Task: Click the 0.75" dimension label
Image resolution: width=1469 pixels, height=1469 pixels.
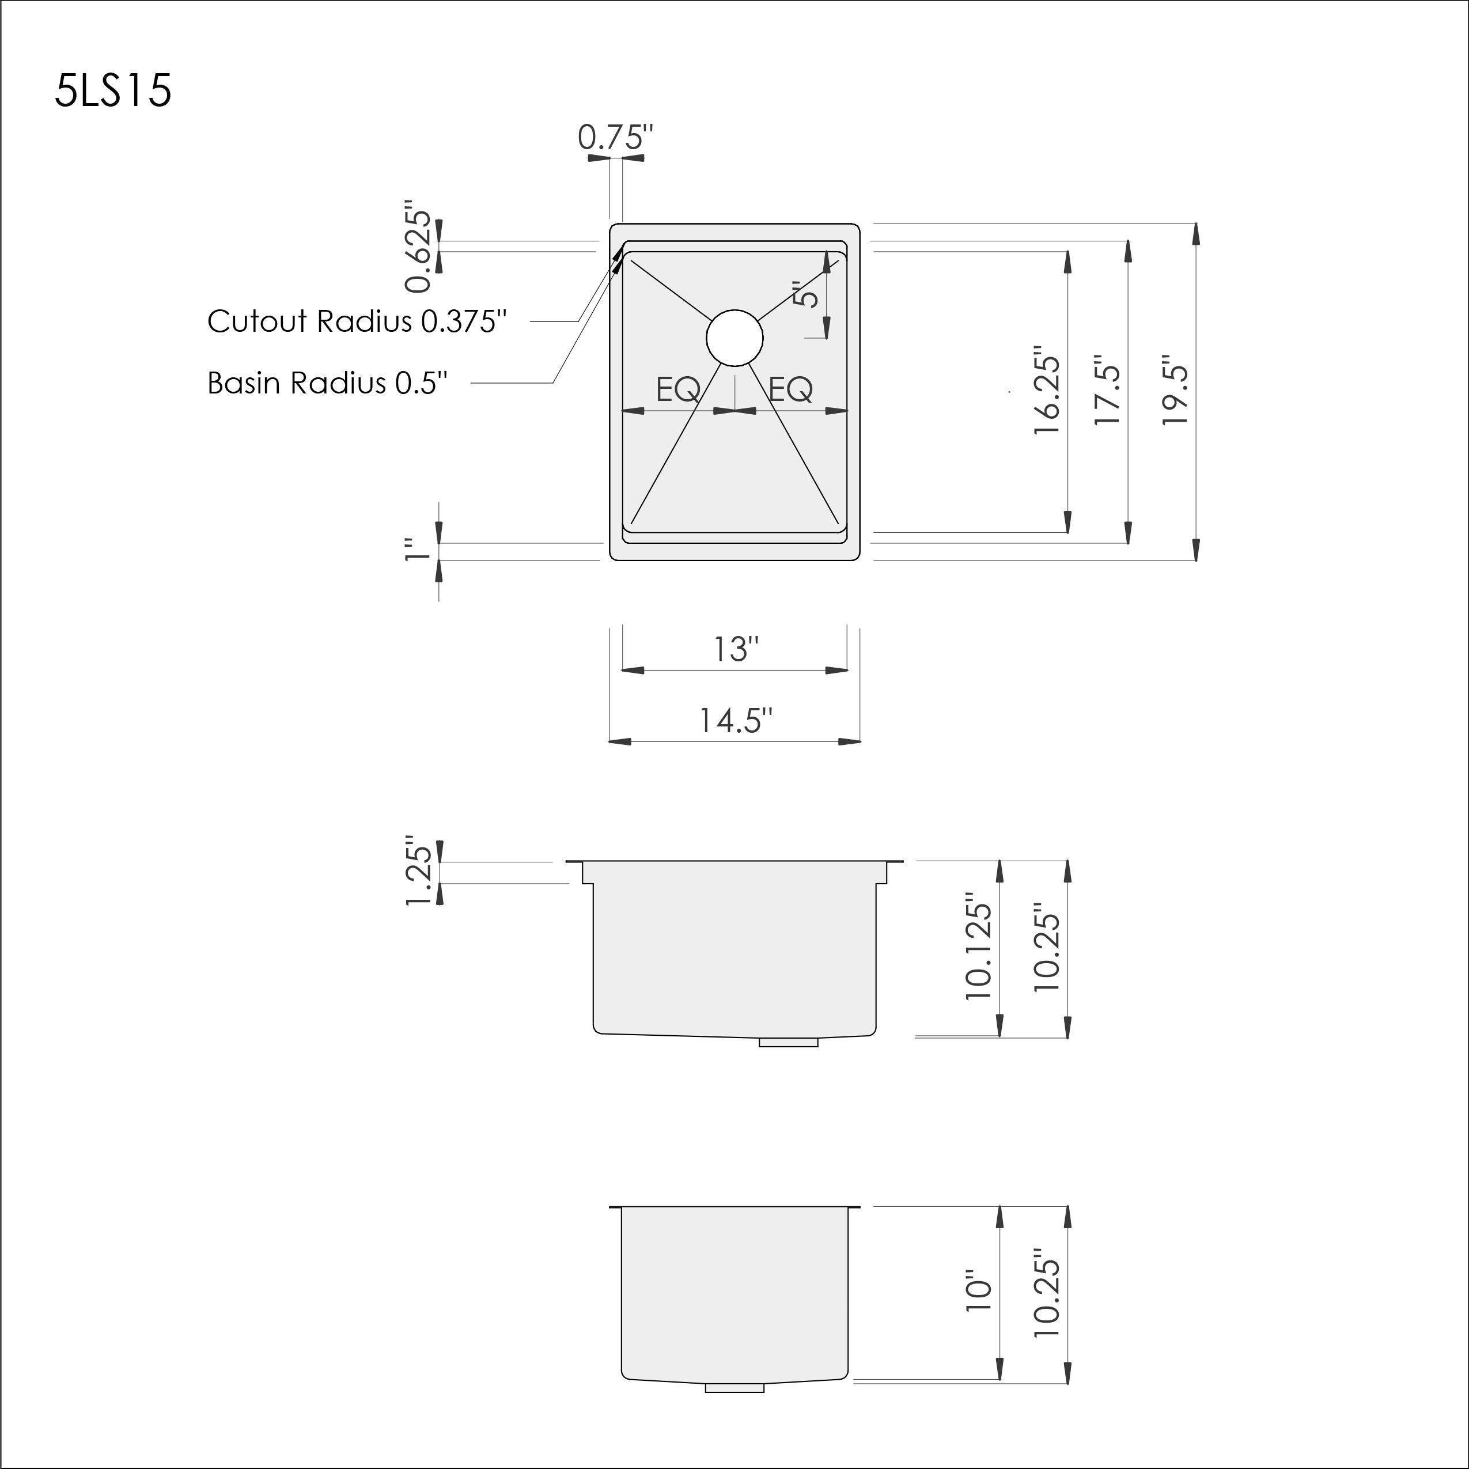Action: coord(615,138)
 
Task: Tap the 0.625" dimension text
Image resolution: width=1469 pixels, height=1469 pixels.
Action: coord(418,247)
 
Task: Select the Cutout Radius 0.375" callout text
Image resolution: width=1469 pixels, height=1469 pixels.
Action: coord(357,321)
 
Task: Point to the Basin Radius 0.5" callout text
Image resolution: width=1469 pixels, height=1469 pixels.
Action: coord(328,383)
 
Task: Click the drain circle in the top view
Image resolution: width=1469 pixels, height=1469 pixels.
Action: coord(734,338)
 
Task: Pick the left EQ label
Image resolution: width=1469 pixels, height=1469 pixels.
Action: coord(678,390)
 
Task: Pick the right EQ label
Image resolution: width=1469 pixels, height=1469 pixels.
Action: coord(791,390)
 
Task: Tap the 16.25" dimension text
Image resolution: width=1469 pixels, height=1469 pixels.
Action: coord(1046,392)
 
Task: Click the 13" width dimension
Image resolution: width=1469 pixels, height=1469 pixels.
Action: coord(735,649)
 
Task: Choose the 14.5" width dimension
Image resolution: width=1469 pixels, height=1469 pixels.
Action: coord(735,720)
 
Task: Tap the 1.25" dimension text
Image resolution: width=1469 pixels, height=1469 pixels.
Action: coord(418,872)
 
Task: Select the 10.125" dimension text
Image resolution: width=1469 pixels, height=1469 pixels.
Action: coord(979,951)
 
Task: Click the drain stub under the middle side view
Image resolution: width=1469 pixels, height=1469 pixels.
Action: coord(789,1043)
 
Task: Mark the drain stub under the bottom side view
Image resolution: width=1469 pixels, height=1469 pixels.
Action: coord(734,1388)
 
